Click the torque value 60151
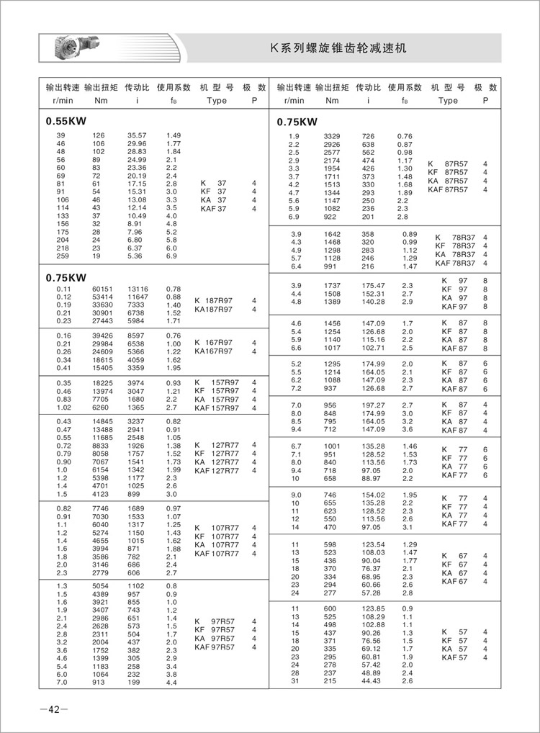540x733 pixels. [x=104, y=288]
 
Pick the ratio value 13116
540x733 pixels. [x=137, y=288]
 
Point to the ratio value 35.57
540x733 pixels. [x=137, y=135]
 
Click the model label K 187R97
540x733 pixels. [x=214, y=300]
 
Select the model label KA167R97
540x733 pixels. [x=214, y=351]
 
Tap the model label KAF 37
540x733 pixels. [x=213, y=208]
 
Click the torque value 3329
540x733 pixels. [x=332, y=136]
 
